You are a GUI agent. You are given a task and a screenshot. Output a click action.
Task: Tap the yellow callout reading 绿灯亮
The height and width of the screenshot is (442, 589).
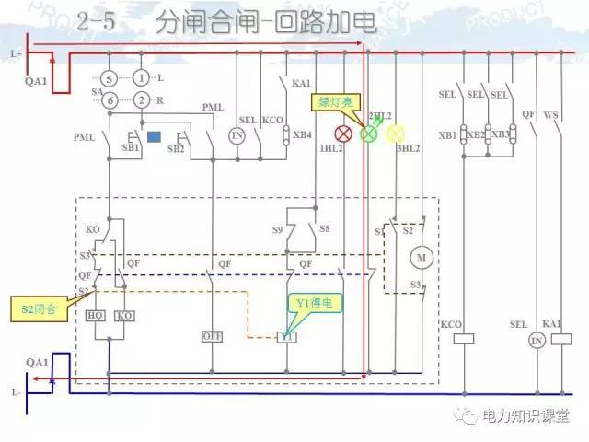point(337,102)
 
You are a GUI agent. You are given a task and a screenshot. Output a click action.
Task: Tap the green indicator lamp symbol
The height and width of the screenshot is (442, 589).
point(369,134)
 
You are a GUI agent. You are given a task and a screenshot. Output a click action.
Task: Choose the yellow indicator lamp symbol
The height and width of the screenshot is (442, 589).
point(396,134)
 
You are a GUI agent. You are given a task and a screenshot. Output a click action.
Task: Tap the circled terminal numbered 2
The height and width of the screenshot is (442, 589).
point(141,99)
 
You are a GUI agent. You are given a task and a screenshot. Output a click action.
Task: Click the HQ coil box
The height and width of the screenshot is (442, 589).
point(96,316)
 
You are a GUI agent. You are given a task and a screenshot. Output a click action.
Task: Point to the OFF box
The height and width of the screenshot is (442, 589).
point(213,337)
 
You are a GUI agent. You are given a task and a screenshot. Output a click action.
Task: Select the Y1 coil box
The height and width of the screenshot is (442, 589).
point(287,337)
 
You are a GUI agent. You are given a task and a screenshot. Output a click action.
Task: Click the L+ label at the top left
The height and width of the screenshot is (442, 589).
point(16,54)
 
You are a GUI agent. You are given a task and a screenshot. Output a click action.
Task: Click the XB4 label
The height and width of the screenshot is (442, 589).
point(302,135)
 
